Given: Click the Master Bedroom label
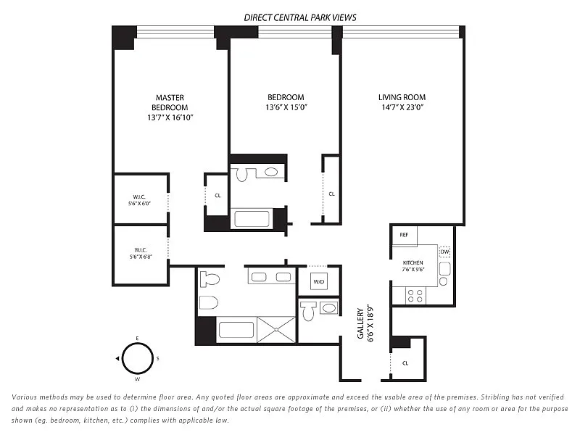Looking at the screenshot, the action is click(x=170, y=102).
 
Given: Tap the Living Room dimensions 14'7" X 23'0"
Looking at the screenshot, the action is click(x=402, y=107).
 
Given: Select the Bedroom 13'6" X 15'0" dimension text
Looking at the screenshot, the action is click(x=286, y=107).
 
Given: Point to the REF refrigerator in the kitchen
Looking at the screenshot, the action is click(x=404, y=235).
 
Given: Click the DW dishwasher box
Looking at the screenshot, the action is click(x=444, y=252).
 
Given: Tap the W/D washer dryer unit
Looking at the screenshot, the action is click(x=318, y=282).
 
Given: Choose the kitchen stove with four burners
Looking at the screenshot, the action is click(x=415, y=296).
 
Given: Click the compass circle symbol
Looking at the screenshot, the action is click(x=138, y=358).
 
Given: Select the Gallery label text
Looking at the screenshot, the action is click(x=360, y=323).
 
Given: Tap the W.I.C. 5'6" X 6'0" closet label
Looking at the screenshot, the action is click(x=139, y=200).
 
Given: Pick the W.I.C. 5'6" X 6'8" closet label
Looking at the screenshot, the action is click(x=141, y=253).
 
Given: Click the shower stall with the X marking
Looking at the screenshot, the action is click(x=276, y=329).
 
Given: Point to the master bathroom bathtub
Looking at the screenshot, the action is click(x=236, y=330).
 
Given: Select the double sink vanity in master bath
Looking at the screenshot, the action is click(x=271, y=277).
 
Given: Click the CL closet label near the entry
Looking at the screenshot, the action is click(x=405, y=363).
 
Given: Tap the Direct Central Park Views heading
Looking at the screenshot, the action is click(x=300, y=17).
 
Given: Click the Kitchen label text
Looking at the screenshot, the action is click(x=413, y=262).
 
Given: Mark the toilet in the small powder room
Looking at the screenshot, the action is click(x=307, y=311).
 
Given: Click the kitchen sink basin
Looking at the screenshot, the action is click(x=444, y=268).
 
